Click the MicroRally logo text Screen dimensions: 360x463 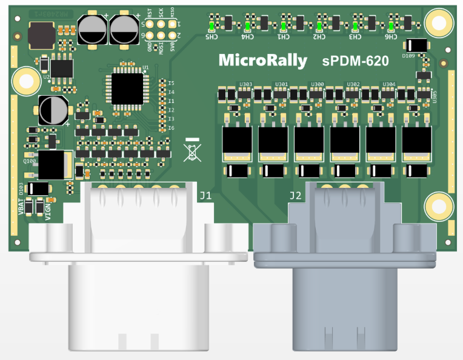(262, 61)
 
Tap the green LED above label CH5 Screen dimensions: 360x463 (212, 26)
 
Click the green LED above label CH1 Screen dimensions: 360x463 (284, 26)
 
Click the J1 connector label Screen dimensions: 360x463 (206, 195)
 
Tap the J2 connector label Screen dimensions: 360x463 (295, 195)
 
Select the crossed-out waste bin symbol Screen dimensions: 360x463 (192, 150)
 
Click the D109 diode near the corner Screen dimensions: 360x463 (416, 45)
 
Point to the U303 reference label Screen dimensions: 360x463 (246, 84)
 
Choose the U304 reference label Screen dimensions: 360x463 (389, 84)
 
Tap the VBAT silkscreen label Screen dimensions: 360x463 (21, 205)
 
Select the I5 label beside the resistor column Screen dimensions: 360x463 (172, 82)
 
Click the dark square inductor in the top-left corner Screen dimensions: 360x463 (41, 34)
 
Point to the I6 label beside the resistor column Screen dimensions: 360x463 (172, 128)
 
